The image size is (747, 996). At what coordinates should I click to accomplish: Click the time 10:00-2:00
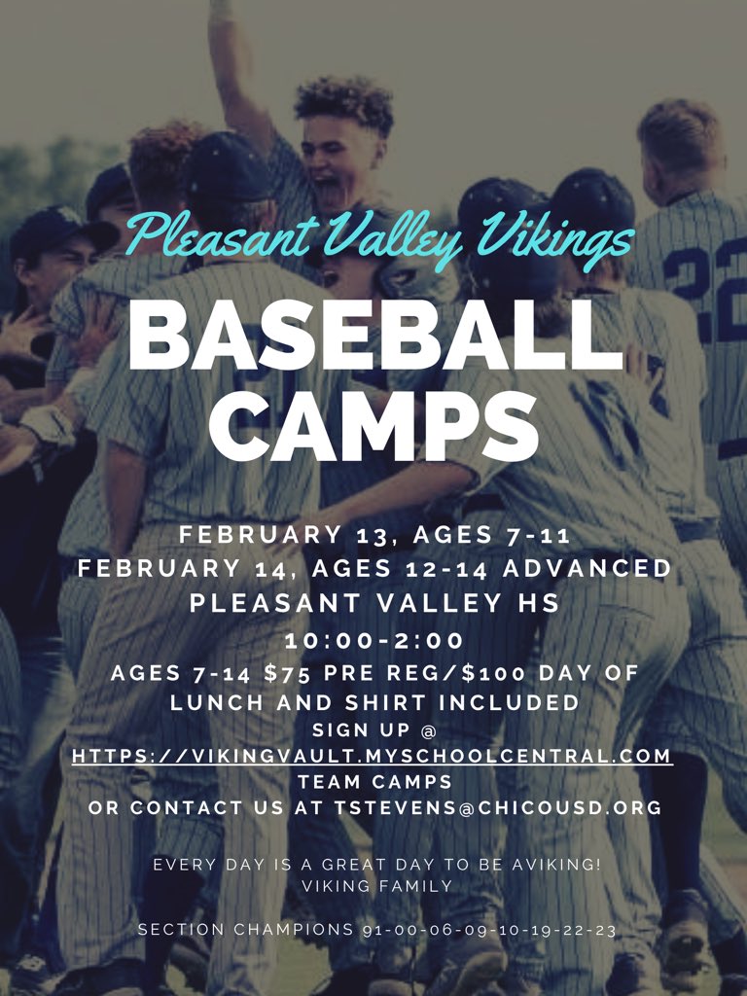[373, 641]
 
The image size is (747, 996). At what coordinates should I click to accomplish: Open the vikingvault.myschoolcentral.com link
[373, 755]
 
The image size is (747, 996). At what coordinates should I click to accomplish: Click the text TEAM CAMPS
[373, 781]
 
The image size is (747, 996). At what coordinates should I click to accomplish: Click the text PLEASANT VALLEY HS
[374, 603]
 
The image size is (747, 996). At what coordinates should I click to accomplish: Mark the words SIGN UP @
[373, 729]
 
